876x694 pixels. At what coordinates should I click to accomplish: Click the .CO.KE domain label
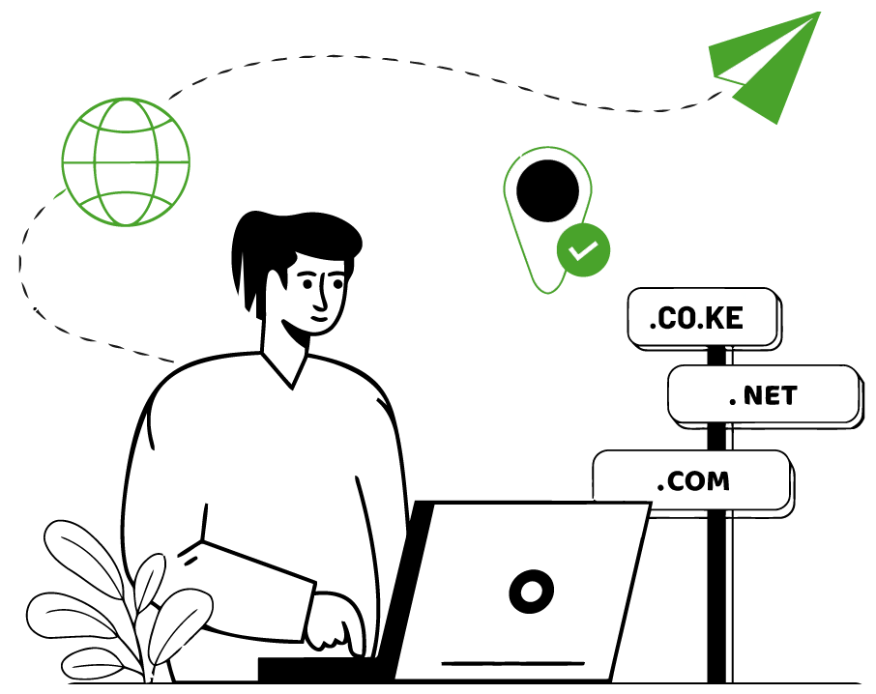point(702,317)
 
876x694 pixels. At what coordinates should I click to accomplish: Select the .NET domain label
point(763,394)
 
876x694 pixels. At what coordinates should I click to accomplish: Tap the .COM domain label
point(691,480)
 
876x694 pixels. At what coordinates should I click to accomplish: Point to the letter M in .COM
point(716,481)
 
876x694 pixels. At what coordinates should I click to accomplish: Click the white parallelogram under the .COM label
point(613,520)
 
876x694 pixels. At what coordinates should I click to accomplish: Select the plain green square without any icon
point(123,161)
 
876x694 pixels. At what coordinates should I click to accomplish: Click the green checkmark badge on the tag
point(583,250)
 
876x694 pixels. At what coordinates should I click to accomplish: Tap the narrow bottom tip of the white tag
point(547,280)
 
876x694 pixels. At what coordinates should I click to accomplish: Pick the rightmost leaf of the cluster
point(181,623)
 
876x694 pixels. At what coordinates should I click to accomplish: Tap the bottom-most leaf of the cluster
point(93,664)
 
